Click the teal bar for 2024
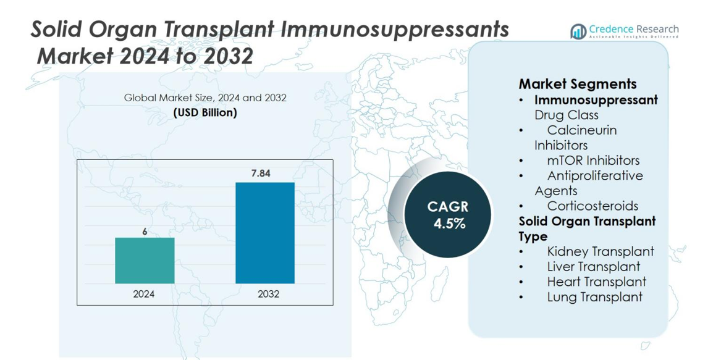coord(145,261)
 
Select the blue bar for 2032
coord(265,233)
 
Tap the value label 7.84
coord(261,174)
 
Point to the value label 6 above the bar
coord(145,232)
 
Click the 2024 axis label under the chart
coord(144,294)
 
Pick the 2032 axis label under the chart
coord(268,294)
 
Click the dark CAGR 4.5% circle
coord(448,215)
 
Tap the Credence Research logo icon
coord(578,31)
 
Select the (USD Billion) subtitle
coord(205,113)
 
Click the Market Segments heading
coord(577,84)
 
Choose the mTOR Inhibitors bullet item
coord(593,161)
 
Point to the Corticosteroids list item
coord(592,206)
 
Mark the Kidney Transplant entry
coord(600,251)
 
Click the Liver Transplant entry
coord(593,267)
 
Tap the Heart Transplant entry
coord(596,282)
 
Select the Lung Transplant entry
coord(594,297)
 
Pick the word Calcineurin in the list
coord(581,130)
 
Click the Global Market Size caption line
coord(205,98)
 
